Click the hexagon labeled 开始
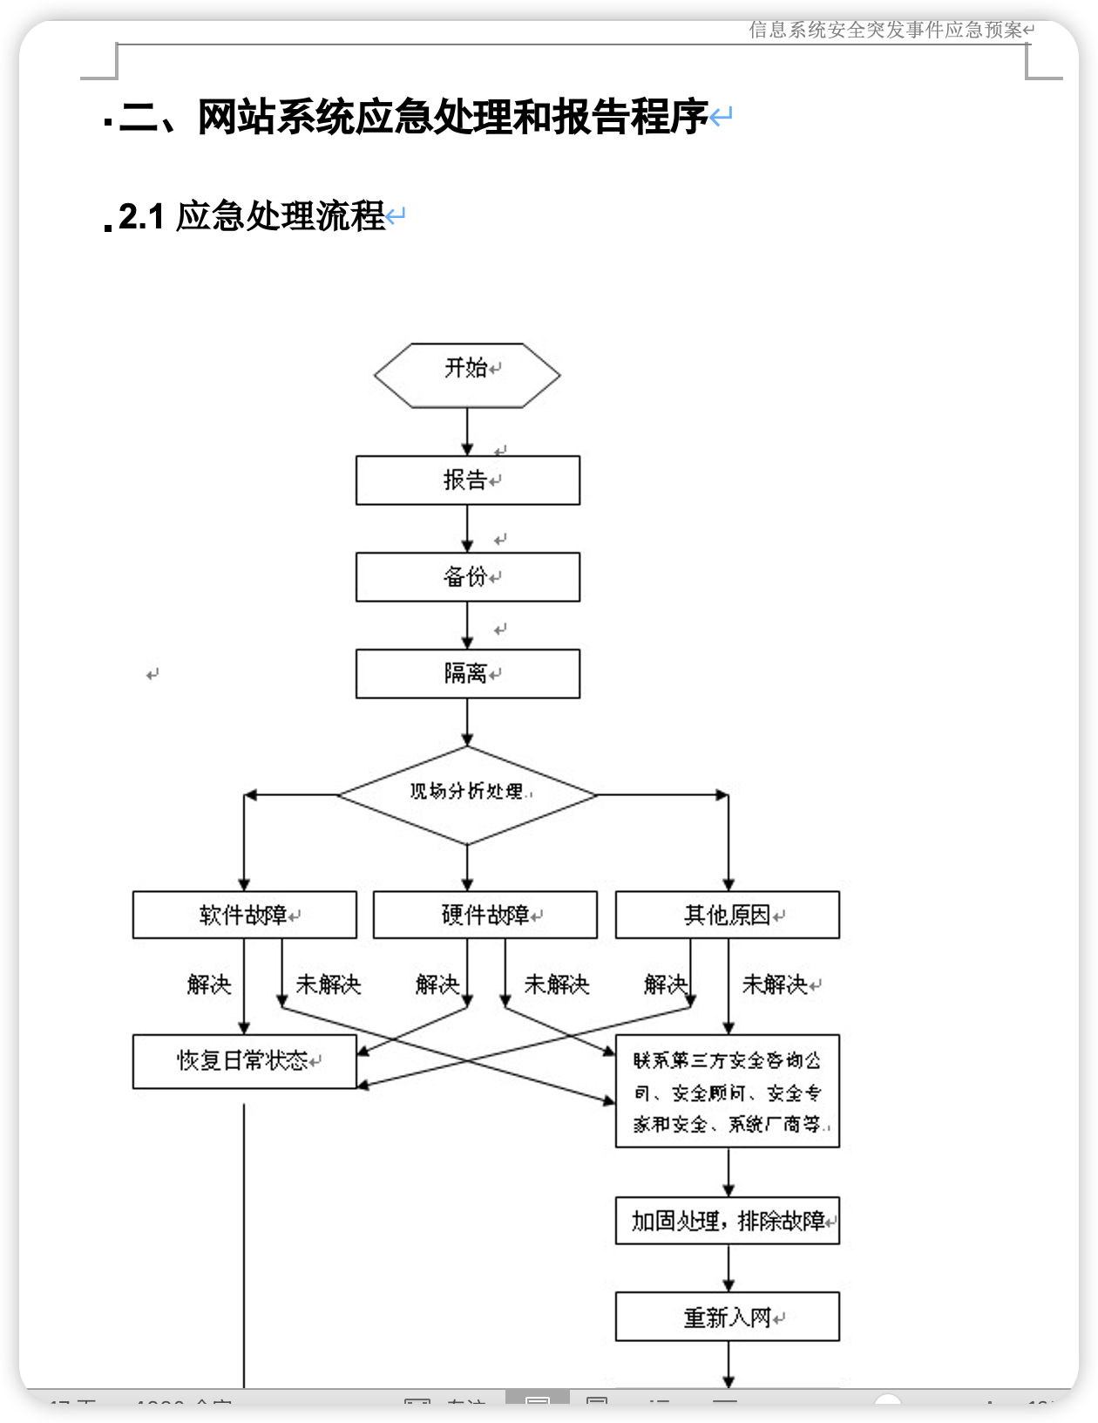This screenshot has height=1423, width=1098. click(467, 375)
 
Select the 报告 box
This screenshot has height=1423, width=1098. click(467, 480)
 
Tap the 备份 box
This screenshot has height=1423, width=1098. click(467, 577)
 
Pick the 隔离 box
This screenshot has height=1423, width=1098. click(467, 674)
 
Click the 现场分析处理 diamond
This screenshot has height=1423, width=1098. click(467, 794)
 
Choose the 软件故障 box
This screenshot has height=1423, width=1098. click(244, 915)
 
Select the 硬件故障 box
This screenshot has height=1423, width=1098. click(485, 915)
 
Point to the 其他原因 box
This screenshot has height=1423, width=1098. click(727, 915)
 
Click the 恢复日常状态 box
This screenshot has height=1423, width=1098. click(244, 1061)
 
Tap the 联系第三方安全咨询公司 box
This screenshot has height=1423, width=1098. click(727, 1092)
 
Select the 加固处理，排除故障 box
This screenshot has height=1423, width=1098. click(727, 1221)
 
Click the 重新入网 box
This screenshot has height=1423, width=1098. click(727, 1317)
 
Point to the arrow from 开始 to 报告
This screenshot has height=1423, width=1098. click(467, 432)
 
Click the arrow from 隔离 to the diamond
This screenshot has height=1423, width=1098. click(467, 722)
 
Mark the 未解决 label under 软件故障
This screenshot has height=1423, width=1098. click(328, 985)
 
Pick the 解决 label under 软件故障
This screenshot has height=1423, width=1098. click(209, 985)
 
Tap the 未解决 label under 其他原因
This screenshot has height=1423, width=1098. click(774, 985)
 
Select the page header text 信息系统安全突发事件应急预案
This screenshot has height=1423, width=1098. click(885, 31)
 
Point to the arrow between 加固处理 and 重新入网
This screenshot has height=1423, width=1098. click(729, 1268)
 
